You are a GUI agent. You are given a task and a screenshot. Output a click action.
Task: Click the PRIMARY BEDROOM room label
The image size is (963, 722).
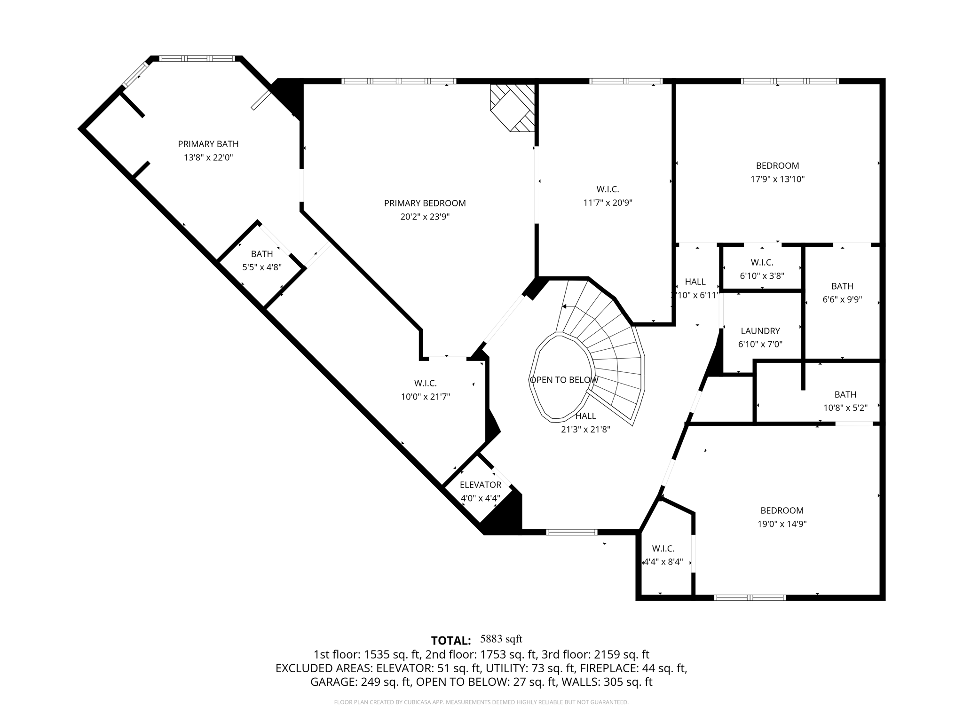click(x=425, y=203)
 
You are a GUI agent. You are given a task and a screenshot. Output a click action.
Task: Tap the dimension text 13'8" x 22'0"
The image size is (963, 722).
click(x=208, y=157)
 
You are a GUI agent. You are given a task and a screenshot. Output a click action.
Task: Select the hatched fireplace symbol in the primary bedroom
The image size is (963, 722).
click(x=513, y=108)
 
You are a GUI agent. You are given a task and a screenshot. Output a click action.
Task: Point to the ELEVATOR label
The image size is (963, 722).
click(x=480, y=485)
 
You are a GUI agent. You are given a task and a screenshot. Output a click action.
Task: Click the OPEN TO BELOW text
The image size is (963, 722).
click(x=564, y=380)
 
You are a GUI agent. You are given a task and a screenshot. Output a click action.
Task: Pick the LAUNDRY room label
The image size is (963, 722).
click(x=760, y=331)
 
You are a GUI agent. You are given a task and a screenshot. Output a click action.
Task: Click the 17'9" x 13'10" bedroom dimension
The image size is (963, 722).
click(x=777, y=179)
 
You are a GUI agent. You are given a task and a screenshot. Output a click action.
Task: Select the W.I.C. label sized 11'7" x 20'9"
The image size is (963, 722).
click(x=608, y=189)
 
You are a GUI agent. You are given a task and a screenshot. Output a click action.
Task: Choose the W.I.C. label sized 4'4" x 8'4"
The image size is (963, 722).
click(x=663, y=549)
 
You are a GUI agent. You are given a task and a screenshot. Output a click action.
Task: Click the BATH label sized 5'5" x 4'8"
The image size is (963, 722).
click(x=261, y=254)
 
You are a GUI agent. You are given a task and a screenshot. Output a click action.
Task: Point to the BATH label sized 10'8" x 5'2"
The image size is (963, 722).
click(x=845, y=394)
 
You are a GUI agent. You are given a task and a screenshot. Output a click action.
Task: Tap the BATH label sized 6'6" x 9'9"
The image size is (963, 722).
click(x=842, y=286)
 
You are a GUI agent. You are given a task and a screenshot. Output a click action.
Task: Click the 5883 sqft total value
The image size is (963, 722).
click(x=501, y=639)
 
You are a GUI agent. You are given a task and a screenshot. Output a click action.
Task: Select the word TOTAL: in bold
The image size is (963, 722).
click(x=450, y=641)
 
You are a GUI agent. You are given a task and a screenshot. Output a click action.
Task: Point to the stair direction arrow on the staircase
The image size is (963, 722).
click(x=567, y=306)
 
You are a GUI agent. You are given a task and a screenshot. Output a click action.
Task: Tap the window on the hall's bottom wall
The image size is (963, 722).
click(x=571, y=532)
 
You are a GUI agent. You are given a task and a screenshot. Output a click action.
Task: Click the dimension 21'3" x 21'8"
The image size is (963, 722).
click(x=585, y=429)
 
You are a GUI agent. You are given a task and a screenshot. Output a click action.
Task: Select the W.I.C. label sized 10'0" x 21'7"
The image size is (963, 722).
click(x=425, y=384)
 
